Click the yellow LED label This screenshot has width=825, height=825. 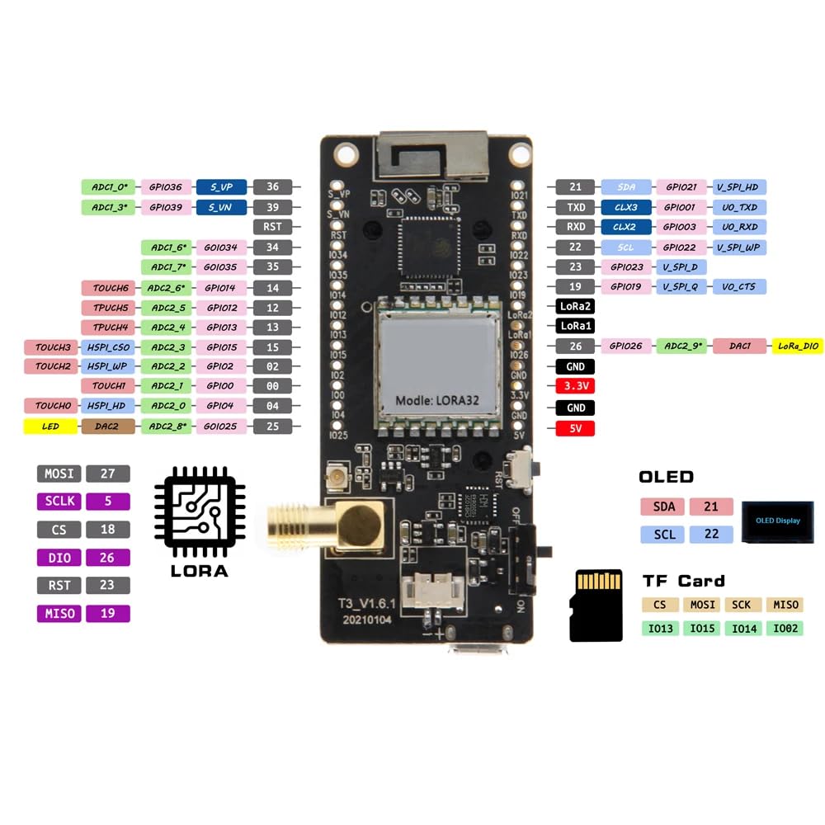pyautogui.click(x=50, y=427)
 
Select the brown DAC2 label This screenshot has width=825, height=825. pyautogui.click(x=107, y=427)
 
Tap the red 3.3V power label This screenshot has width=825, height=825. pyautogui.click(x=576, y=386)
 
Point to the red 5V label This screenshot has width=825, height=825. pyautogui.click(x=576, y=428)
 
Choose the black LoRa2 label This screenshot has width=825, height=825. pyautogui.click(x=576, y=305)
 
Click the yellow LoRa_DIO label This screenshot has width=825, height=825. pyautogui.click(x=799, y=346)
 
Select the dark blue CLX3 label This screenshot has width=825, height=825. pyautogui.click(x=626, y=207)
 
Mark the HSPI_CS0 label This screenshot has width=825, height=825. pyautogui.click(x=107, y=347)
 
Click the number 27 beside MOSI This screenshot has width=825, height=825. pyautogui.click(x=107, y=474)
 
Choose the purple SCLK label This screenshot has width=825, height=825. pyautogui.click(x=59, y=501)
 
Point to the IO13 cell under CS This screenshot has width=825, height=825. pyautogui.click(x=661, y=629)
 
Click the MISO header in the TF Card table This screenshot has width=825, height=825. pyautogui.click(x=784, y=605)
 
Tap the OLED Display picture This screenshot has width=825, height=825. pyautogui.click(x=778, y=521)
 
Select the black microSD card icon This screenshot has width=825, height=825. pyautogui.click(x=596, y=605)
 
